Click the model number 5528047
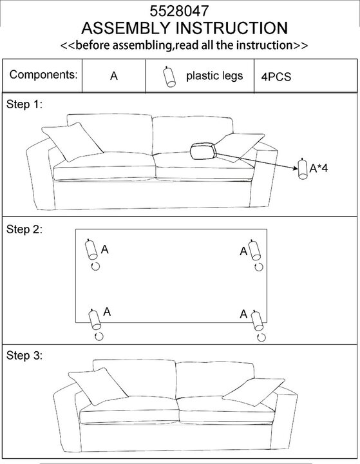179,11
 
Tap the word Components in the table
43,75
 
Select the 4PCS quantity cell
276,77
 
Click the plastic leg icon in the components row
169,77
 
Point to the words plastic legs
214,76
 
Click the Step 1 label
24,104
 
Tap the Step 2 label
24,229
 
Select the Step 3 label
24,355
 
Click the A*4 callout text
319,168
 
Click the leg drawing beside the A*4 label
302,169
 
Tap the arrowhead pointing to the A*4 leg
296,168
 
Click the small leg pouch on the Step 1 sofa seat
204,151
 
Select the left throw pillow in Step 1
72,142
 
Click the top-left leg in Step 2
91,249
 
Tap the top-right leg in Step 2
254,250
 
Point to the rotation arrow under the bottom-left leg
99,336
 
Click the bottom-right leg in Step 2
257,320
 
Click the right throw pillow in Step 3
254,392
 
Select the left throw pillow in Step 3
98,386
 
